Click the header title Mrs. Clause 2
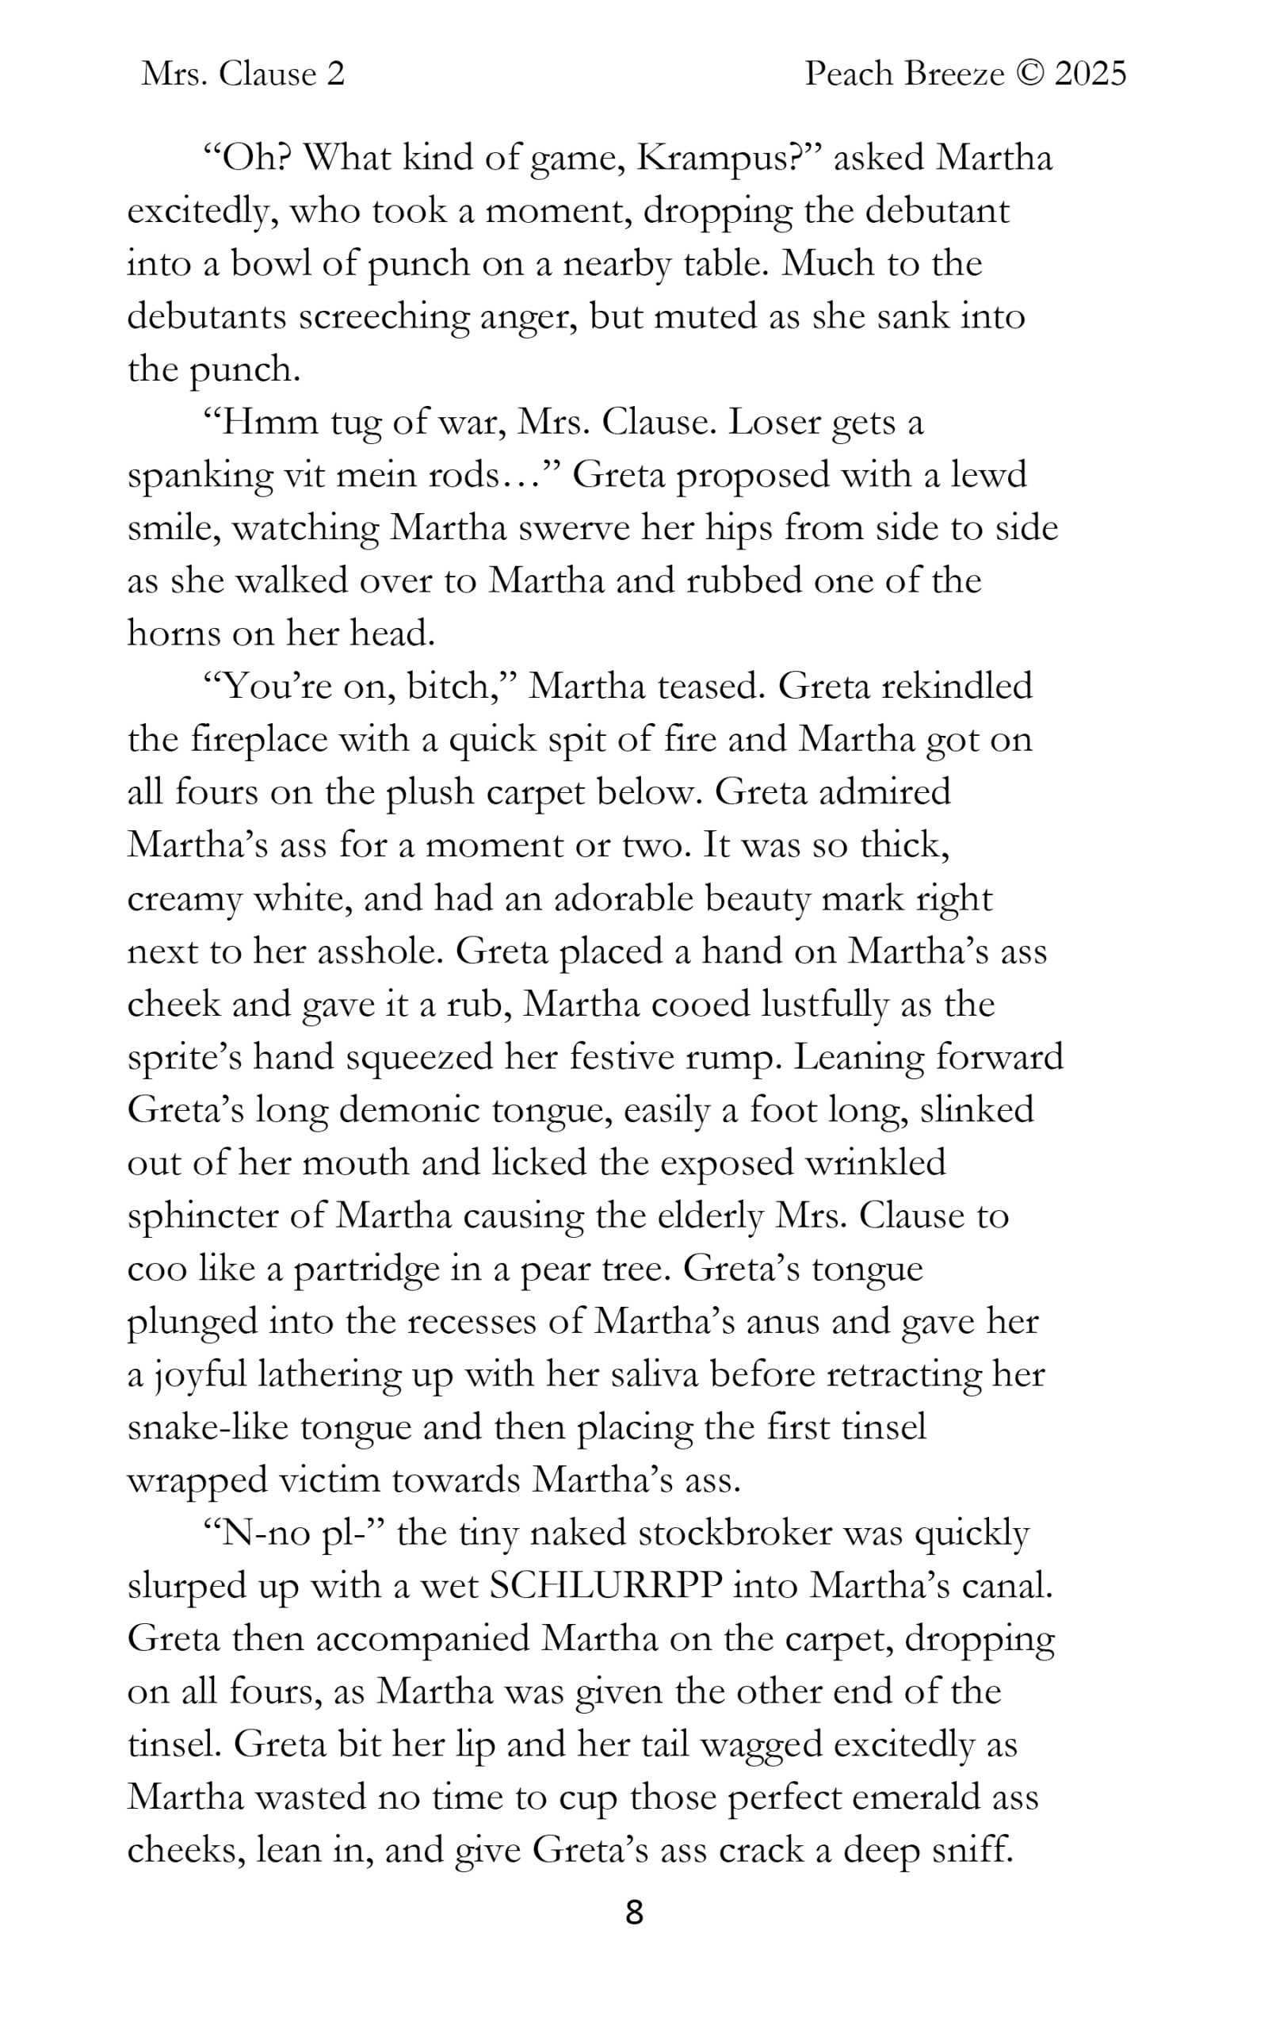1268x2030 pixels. [x=243, y=75]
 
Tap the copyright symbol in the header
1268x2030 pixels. [x=1029, y=75]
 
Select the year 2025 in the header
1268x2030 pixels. [x=1090, y=75]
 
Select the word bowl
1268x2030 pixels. [x=272, y=264]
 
